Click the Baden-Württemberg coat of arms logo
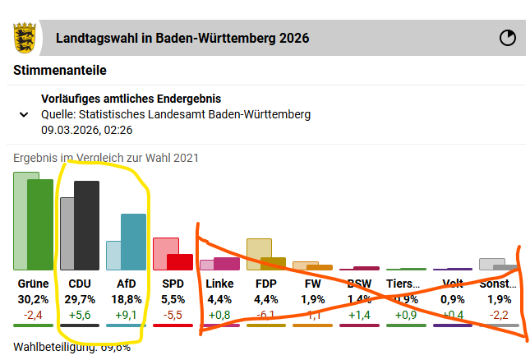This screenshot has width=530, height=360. point(25,38)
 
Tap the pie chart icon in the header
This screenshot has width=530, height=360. point(509,38)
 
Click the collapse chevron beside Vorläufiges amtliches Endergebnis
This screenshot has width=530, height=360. point(24,114)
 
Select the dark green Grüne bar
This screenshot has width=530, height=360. point(40,224)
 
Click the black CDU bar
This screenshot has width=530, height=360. point(87,224)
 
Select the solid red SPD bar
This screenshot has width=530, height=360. point(180,261)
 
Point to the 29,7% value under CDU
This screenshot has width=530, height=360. point(81,299)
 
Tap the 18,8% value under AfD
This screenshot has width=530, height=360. point(127,299)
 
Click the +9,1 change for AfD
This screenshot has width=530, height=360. point(127,314)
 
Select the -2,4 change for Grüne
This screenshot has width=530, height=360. point(33,314)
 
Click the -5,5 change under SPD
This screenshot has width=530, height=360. point(173,314)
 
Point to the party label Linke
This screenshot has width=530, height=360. point(220,284)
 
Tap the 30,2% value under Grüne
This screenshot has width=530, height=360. point(33,299)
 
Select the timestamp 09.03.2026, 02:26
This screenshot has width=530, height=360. point(87,130)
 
